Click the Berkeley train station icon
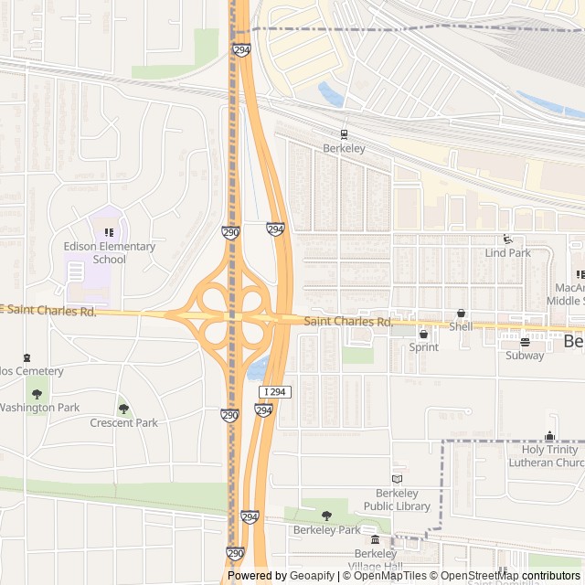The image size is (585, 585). point(345,133)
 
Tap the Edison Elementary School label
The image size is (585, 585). point(109,252)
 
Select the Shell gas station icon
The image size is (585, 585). point(461,313)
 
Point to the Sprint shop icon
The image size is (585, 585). point(423,334)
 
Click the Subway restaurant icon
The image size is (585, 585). point(525,342)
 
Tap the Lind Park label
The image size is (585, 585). point(507,252)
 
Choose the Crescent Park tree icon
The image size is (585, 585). point(123,409)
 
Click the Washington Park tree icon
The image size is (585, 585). point(37,394)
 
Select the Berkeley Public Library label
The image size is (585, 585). point(397,499)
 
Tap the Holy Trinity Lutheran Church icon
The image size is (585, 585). point(549,436)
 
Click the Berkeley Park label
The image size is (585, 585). point(326,529)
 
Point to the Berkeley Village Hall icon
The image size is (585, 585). point(375,540)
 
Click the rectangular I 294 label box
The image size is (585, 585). point(274,392)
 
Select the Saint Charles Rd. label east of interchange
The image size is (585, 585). point(348,322)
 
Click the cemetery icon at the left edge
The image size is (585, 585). point(27,357)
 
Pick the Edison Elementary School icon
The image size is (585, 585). point(109,232)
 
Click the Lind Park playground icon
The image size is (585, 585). point(507,239)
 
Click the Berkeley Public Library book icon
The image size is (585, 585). point(397,478)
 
